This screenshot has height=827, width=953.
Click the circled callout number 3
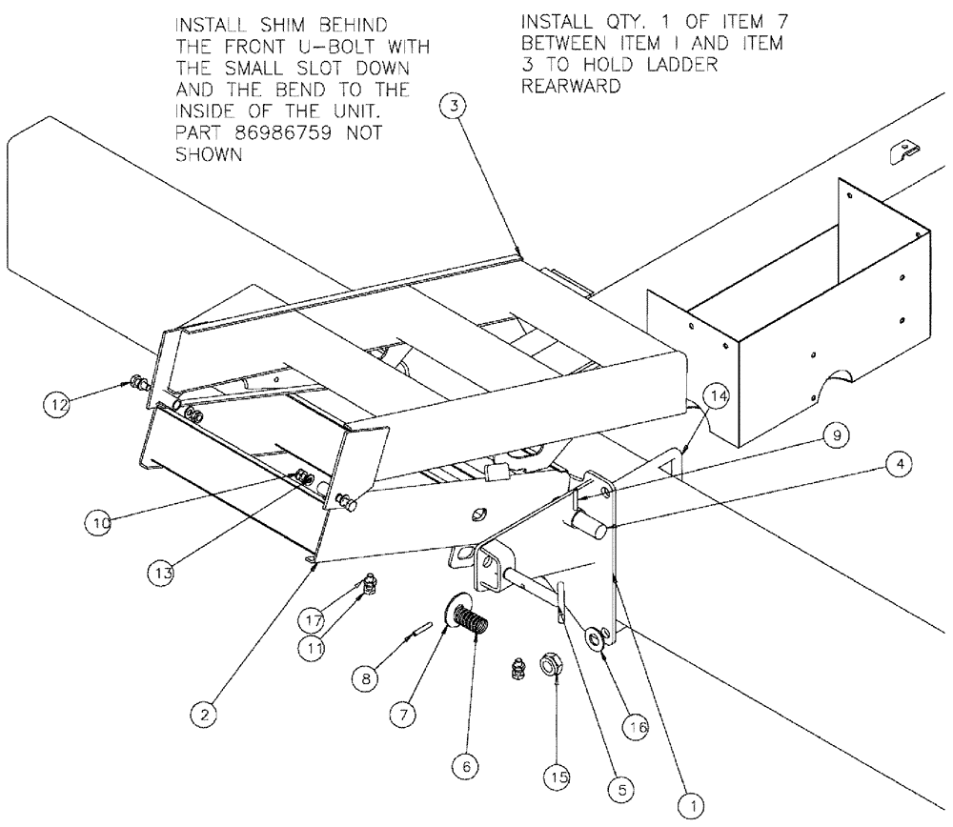pyautogui.click(x=456, y=107)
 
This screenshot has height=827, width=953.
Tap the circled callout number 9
pyautogui.click(x=835, y=435)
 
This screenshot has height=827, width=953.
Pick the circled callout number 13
pyautogui.click(x=162, y=572)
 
